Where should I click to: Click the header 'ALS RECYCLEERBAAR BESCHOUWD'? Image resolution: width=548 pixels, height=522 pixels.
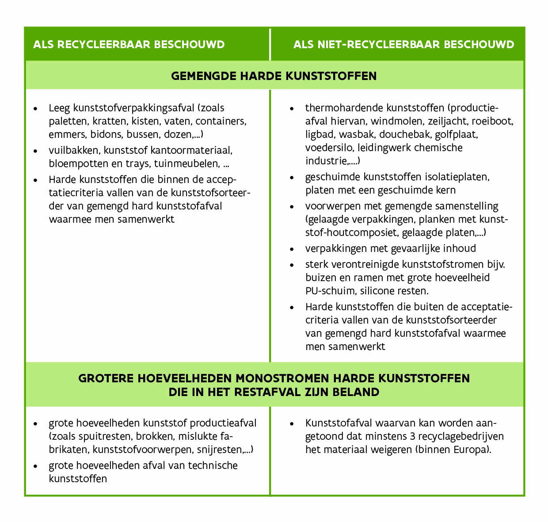[129, 45]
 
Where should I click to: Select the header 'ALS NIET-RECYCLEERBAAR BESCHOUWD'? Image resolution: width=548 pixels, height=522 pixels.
[403, 45]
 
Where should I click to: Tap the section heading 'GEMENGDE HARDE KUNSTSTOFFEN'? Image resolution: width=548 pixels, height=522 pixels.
[274, 76]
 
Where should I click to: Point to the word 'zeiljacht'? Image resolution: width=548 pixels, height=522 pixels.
[445, 121]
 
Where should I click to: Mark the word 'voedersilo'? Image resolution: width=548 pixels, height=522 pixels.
[329, 147]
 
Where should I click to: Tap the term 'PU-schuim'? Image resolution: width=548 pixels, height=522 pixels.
[330, 291]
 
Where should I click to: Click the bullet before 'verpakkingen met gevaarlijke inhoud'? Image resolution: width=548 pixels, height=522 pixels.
[292, 249]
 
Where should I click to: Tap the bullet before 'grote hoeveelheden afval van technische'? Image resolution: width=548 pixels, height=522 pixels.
[35, 466]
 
